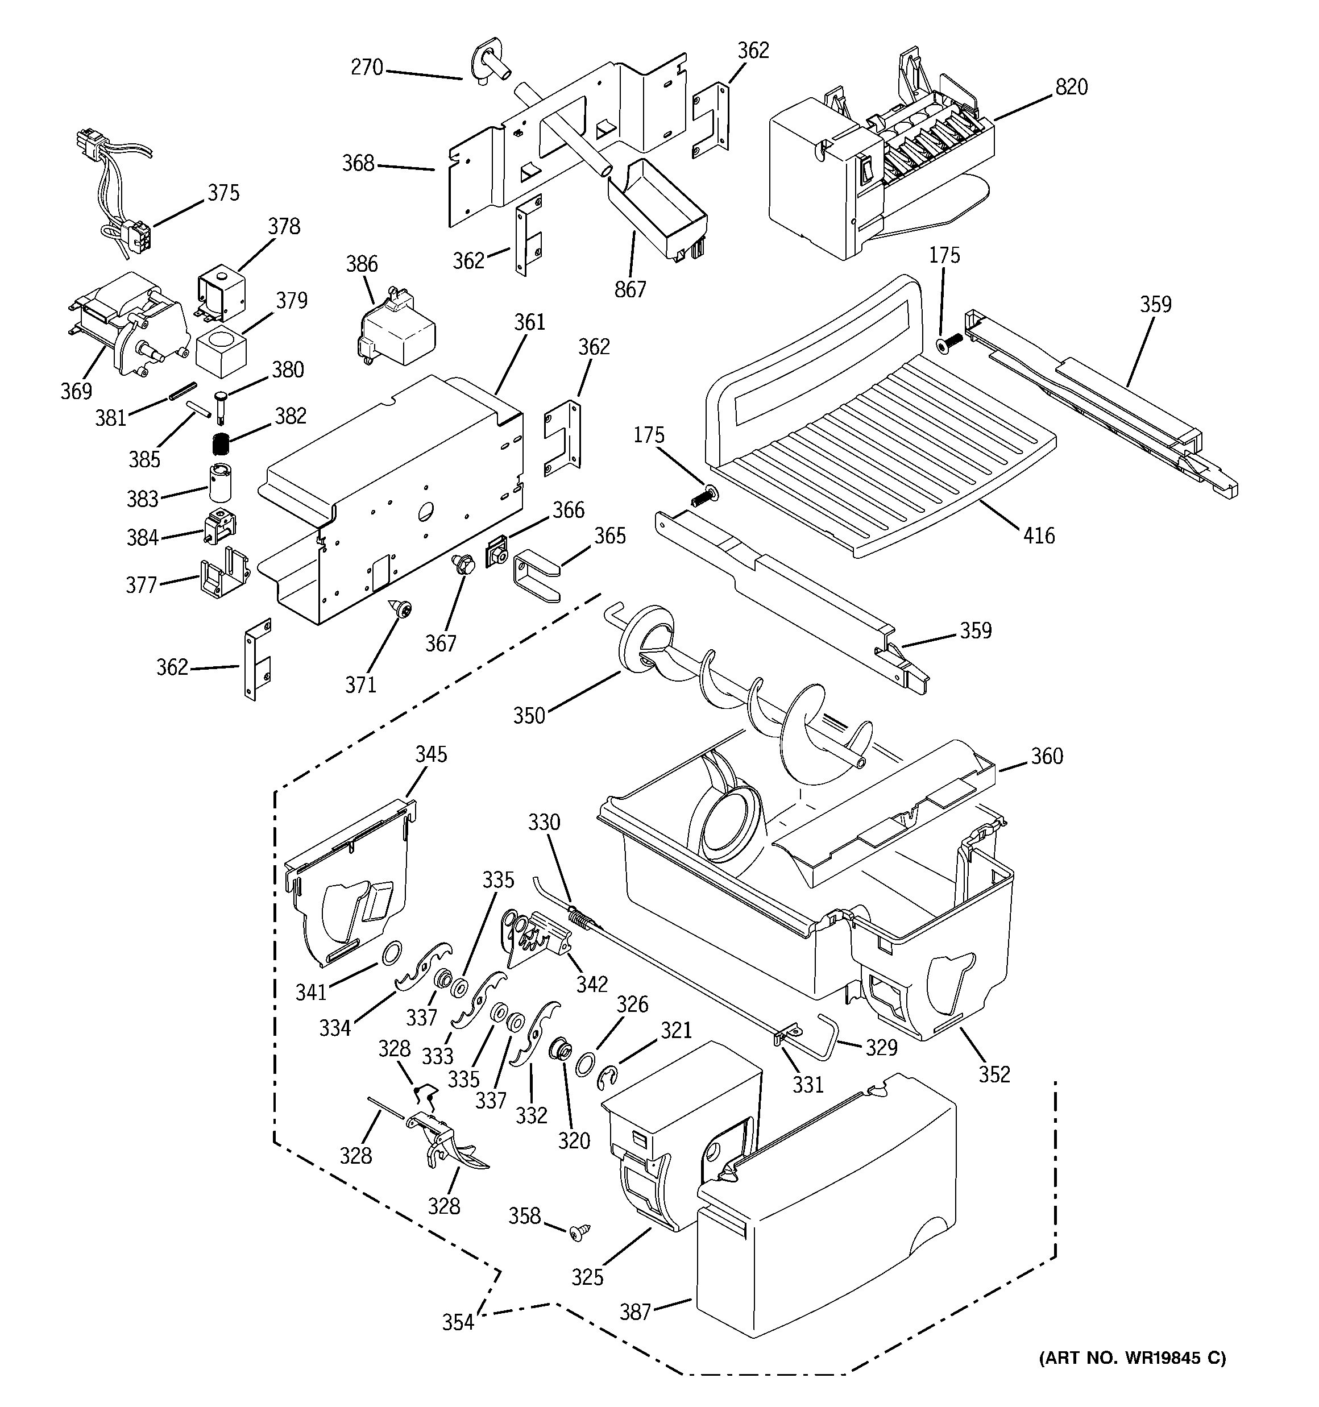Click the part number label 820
1071,87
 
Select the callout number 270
367,68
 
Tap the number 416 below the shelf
1039,536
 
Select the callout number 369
76,391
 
